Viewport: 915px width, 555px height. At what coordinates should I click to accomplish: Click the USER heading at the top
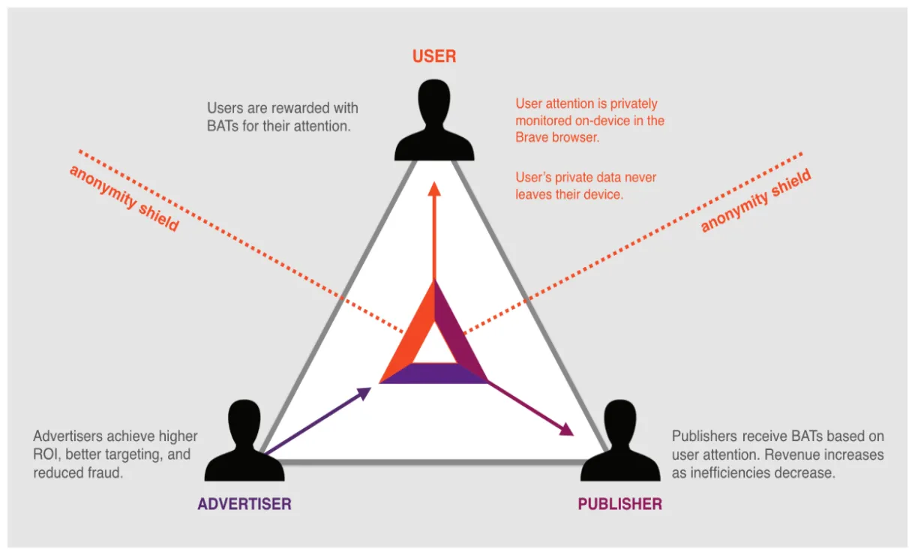(x=434, y=56)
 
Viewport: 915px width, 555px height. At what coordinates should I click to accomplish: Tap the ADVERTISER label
(x=244, y=504)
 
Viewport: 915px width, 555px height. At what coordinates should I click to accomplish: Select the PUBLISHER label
(x=619, y=504)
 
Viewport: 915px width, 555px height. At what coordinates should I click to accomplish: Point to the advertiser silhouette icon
(x=244, y=442)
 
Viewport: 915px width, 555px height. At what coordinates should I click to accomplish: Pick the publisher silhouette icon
(x=619, y=442)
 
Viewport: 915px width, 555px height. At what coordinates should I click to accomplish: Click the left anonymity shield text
(x=124, y=198)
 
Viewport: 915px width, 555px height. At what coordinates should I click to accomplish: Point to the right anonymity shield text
(x=756, y=201)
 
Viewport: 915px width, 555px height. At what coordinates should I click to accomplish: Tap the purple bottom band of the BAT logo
(x=433, y=373)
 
